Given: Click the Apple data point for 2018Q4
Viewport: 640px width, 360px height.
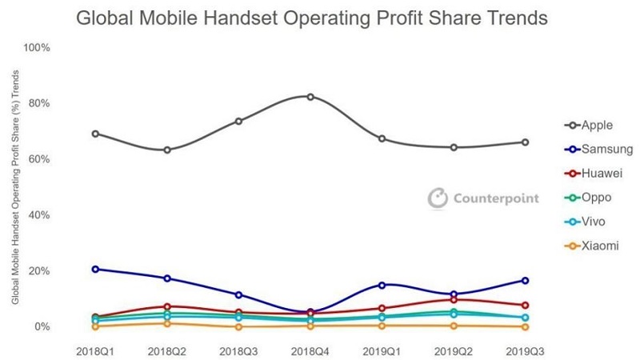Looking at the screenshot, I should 310,97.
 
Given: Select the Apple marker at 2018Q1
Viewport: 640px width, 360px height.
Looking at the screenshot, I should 95,134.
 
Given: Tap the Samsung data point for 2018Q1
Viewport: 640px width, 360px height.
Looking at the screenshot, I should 95,269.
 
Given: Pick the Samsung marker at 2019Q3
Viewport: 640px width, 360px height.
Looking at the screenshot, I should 525,280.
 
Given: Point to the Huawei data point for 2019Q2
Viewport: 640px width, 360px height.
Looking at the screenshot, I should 454,300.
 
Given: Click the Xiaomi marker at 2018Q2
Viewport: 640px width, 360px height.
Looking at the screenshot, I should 167,323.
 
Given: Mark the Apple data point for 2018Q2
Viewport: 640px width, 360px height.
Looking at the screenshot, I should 167,150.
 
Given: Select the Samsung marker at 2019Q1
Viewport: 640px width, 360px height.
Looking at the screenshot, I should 382,285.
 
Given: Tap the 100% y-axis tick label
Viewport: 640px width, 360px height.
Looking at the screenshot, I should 37,48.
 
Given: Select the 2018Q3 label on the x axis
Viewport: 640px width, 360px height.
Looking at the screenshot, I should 238,350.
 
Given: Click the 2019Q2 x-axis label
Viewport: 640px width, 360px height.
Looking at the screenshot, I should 454,350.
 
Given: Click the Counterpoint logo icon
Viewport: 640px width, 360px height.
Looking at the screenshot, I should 437,198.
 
